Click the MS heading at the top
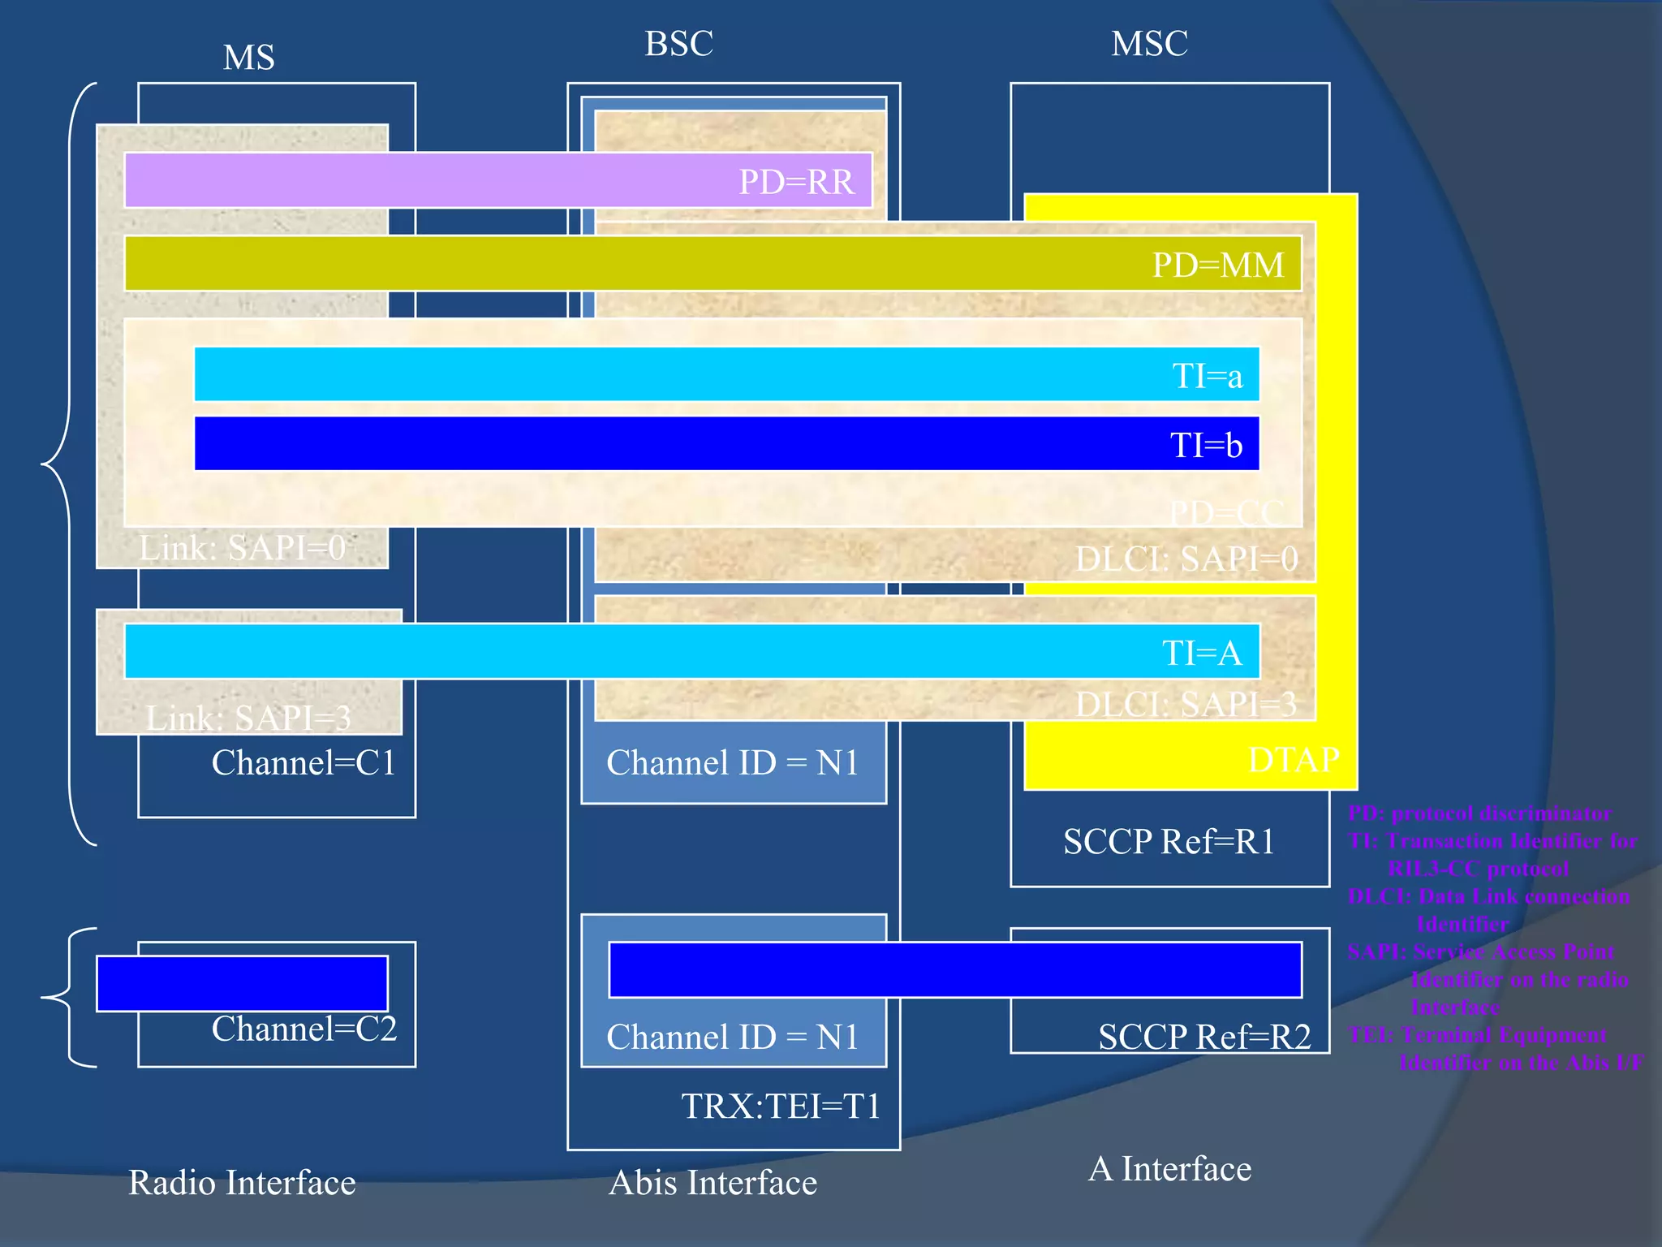249,58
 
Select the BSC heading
678,44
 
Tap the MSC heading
1149,44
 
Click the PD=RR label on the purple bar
796,182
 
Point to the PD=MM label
1218,265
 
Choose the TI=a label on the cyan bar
1208,376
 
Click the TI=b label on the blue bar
1206,445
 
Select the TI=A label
1202,653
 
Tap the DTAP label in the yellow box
1294,760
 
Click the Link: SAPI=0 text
243,548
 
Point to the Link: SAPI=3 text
248,718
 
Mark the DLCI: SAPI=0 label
1186,559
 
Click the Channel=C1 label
304,763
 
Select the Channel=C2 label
304,1029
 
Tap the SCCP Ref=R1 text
1169,841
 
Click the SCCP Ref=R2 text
1204,1037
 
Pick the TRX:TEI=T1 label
781,1106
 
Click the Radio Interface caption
242,1183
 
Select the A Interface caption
1169,1169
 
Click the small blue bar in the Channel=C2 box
242,983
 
